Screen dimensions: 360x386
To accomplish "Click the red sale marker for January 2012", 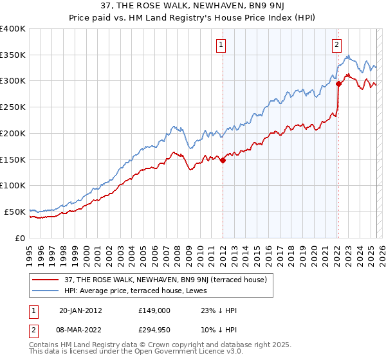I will tap(223, 161).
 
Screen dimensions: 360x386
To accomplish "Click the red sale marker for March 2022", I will tap(338, 84).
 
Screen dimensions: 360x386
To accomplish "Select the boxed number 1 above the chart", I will tap(221, 44).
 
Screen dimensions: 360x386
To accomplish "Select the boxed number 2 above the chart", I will tap(336, 44).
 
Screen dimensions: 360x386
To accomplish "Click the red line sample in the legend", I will tap(46, 278).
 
